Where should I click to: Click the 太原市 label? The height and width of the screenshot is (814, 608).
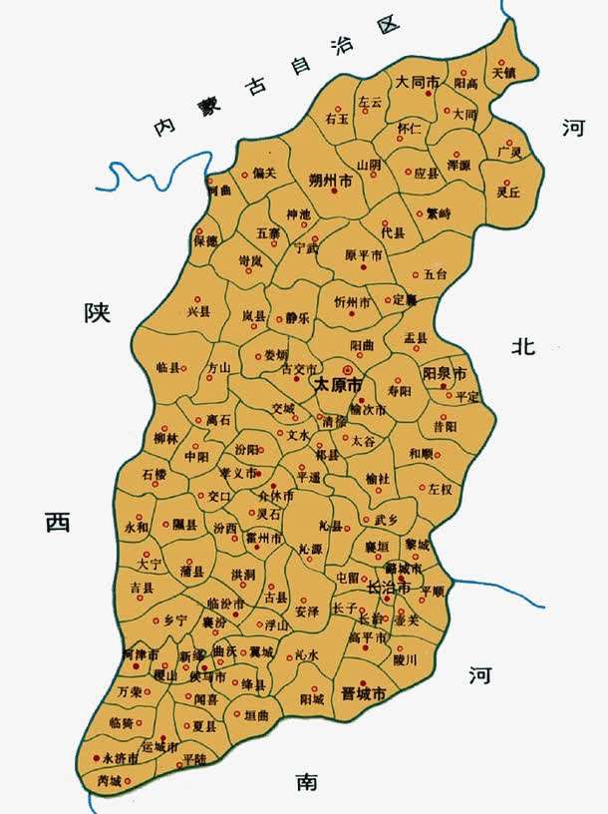(338, 384)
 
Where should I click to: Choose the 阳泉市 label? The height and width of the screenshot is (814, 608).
(445, 374)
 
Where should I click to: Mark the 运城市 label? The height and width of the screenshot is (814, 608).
(159, 746)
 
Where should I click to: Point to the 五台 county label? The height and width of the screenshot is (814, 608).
(436, 273)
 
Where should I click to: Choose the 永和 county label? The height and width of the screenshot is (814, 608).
(136, 526)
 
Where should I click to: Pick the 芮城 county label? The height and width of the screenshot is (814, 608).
(109, 781)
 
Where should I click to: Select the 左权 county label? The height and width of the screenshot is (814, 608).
(440, 490)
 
